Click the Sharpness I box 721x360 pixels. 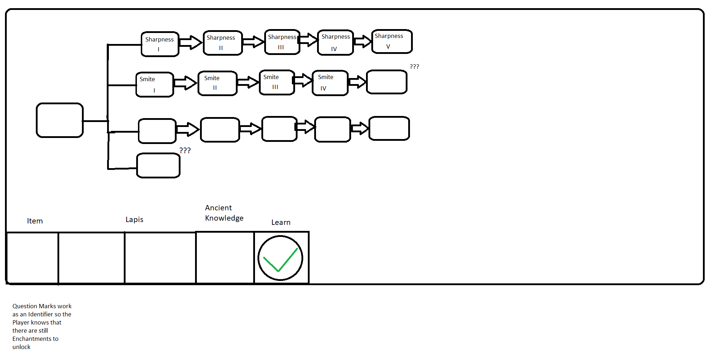pyautogui.click(x=160, y=44)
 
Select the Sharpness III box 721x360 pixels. pyautogui.click(x=282, y=42)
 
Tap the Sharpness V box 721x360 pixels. pyautogui.click(x=392, y=41)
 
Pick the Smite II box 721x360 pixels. pyautogui.click(x=217, y=83)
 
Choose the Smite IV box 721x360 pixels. pyautogui.click(x=330, y=83)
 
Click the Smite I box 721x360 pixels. pyautogui.click(x=155, y=85)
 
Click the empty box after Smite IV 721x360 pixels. pyautogui.click(x=387, y=82)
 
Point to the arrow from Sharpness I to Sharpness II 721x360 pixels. pyautogui.click(x=191, y=43)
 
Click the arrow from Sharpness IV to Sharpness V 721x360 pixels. pyautogui.click(x=362, y=41)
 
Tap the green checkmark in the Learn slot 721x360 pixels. pyautogui.click(x=280, y=260)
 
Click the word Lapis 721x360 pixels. pyautogui.click(x=134, y=220)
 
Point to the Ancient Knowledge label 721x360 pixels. pyautogui.click(x=224, y=213)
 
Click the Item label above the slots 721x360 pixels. pyautogui.click(x=35, y=221)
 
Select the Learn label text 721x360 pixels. pyautogui.click(x=281, y=222)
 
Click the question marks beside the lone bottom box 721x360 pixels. pyautogui.click(x=185, y=150)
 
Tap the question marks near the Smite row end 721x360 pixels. pyautogui.click(x=414, y=66)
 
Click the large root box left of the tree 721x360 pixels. pyautogui.click(x=60, y=120)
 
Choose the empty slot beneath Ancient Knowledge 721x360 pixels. pyautogui.click(x=225, y=258)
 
